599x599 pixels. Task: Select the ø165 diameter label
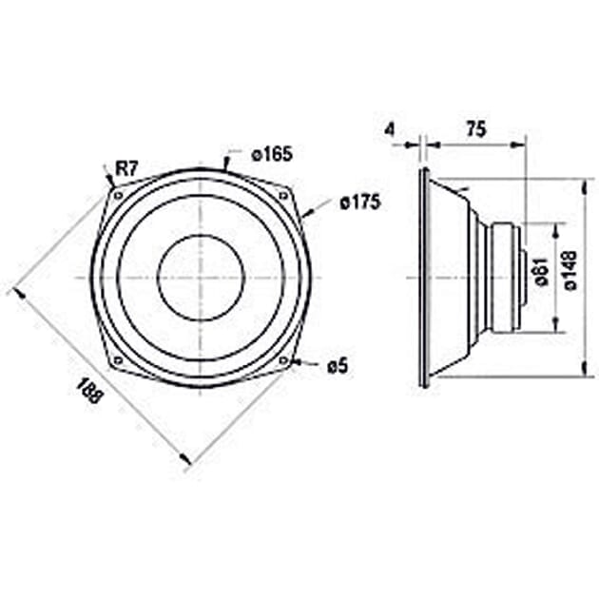coord(271,154)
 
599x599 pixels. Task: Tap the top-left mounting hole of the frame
coord(118,196)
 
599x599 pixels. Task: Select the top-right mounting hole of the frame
coord(282,196)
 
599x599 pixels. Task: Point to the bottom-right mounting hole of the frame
coord(282,360)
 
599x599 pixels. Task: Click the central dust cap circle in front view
coord(201,278)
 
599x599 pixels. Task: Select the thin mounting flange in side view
coord(423,278)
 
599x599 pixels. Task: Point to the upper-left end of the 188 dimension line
coord(13,289)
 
